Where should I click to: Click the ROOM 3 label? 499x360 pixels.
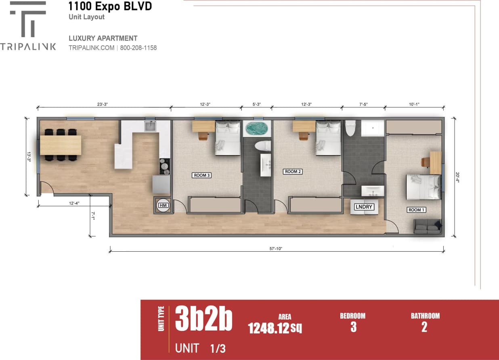[x=202, y=175]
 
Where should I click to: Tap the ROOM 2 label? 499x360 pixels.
[x=293, y=172]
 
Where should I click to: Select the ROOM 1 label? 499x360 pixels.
[x=417, y=210]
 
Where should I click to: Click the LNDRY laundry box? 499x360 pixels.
[x=364, y=207]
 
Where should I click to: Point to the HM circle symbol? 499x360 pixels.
[x=163, y=206]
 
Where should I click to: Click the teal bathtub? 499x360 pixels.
[x=257, y=129]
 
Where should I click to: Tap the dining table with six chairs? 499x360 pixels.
[x=61, y=145]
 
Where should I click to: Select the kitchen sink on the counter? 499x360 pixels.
[x=151, y=126]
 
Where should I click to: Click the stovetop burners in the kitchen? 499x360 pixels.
[x=165, y=166]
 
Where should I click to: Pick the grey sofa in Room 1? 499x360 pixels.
[x=427, y=227]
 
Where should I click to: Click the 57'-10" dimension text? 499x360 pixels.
[x=277, y=248]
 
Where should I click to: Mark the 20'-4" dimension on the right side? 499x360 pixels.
[x=458, y=178]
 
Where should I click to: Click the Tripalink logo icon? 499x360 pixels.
[x=28, y=19]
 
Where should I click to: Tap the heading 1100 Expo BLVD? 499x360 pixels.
[x=110, y=6]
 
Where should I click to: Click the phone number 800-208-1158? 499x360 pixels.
[x=138, y=48]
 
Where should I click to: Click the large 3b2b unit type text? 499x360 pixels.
[x=203, y=319]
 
